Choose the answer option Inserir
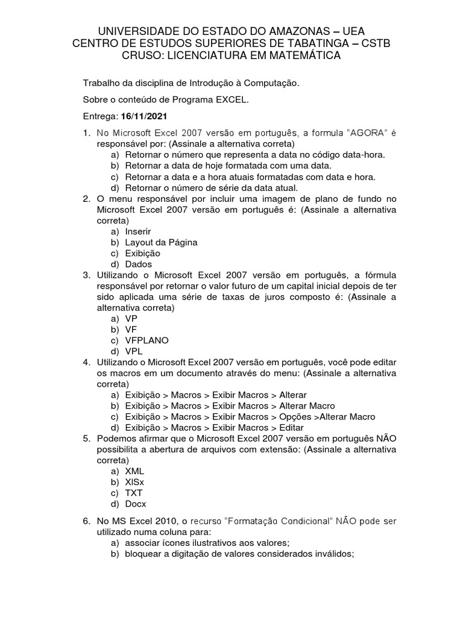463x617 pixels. click(x=137, y=231)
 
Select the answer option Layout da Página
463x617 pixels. click(x=161, y=242)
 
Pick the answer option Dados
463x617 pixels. click(x=139, y=264)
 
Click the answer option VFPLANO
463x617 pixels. click(x=146, y=340)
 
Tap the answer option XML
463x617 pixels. click(x=134, y=471)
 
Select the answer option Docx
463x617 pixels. click(x=136, y=503)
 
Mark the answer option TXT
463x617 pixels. click(x=134, y=492)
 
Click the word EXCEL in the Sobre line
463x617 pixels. click(x=231, y=99)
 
